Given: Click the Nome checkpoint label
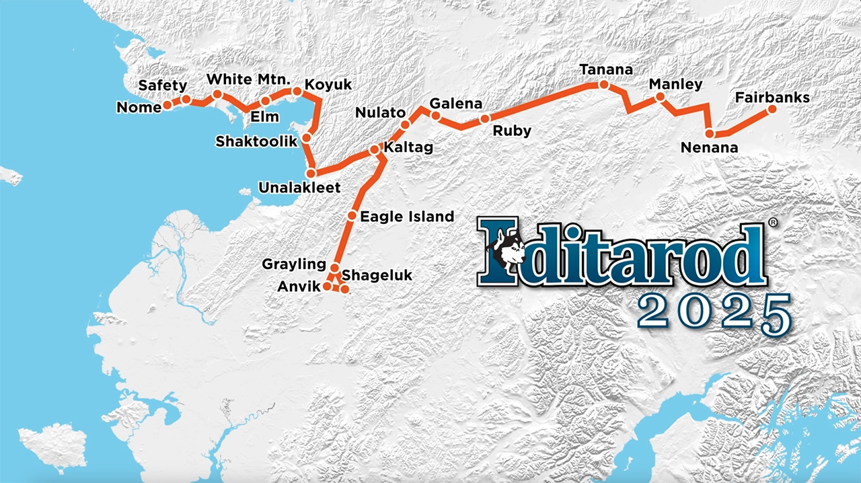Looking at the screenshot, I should click(139, 108).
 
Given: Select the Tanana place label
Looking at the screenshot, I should click(606, 70).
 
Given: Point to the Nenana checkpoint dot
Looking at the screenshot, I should click(710, 133).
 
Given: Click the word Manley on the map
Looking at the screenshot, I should click(675, 85).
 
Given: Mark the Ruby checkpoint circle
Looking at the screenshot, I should click(484, 120).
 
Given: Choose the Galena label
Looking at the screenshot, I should click(455, 104).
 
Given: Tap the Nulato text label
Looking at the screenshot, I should click(380, 112).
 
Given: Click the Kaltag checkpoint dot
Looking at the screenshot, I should click(375, 149).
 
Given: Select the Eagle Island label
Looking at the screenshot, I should click(407, 217).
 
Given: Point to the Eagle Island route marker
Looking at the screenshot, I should click(352, 216).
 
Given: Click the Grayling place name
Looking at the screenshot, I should click(294, 264).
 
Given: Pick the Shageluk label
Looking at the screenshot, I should click(377, 275).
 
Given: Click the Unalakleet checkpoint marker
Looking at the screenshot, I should click(311, 174).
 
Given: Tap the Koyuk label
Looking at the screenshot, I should click(328, 85).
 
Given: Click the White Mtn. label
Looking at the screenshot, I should click(248, 79).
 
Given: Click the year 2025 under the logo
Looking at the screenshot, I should click(714, 312).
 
